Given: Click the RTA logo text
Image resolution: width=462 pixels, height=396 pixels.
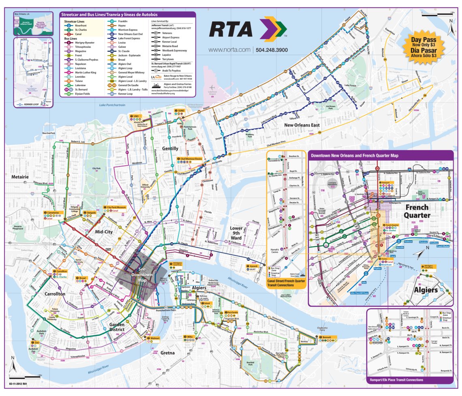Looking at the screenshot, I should tap(231, 29).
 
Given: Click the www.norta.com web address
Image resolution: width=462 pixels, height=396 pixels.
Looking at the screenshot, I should tap(230, 50).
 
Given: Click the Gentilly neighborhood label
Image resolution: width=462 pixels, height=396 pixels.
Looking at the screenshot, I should tap(170, 149).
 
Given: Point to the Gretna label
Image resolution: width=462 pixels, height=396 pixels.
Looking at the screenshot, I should tap(167, 353).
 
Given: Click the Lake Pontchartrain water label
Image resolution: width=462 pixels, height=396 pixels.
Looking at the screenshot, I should tap(113, 105).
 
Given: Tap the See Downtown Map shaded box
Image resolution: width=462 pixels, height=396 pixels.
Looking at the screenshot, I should tap(142, 276).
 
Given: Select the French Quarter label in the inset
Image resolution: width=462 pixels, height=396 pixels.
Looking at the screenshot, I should tap(417, 211).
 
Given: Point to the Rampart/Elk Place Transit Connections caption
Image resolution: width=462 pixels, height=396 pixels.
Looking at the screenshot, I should tap(396, 380).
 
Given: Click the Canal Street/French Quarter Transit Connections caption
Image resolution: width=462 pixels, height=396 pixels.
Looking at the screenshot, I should tap(286, 282).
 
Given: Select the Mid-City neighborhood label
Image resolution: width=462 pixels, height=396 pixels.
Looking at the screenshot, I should tap(103, 232).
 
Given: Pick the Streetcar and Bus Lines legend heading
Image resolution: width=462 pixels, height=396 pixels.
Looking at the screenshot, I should tap(109, 14).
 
